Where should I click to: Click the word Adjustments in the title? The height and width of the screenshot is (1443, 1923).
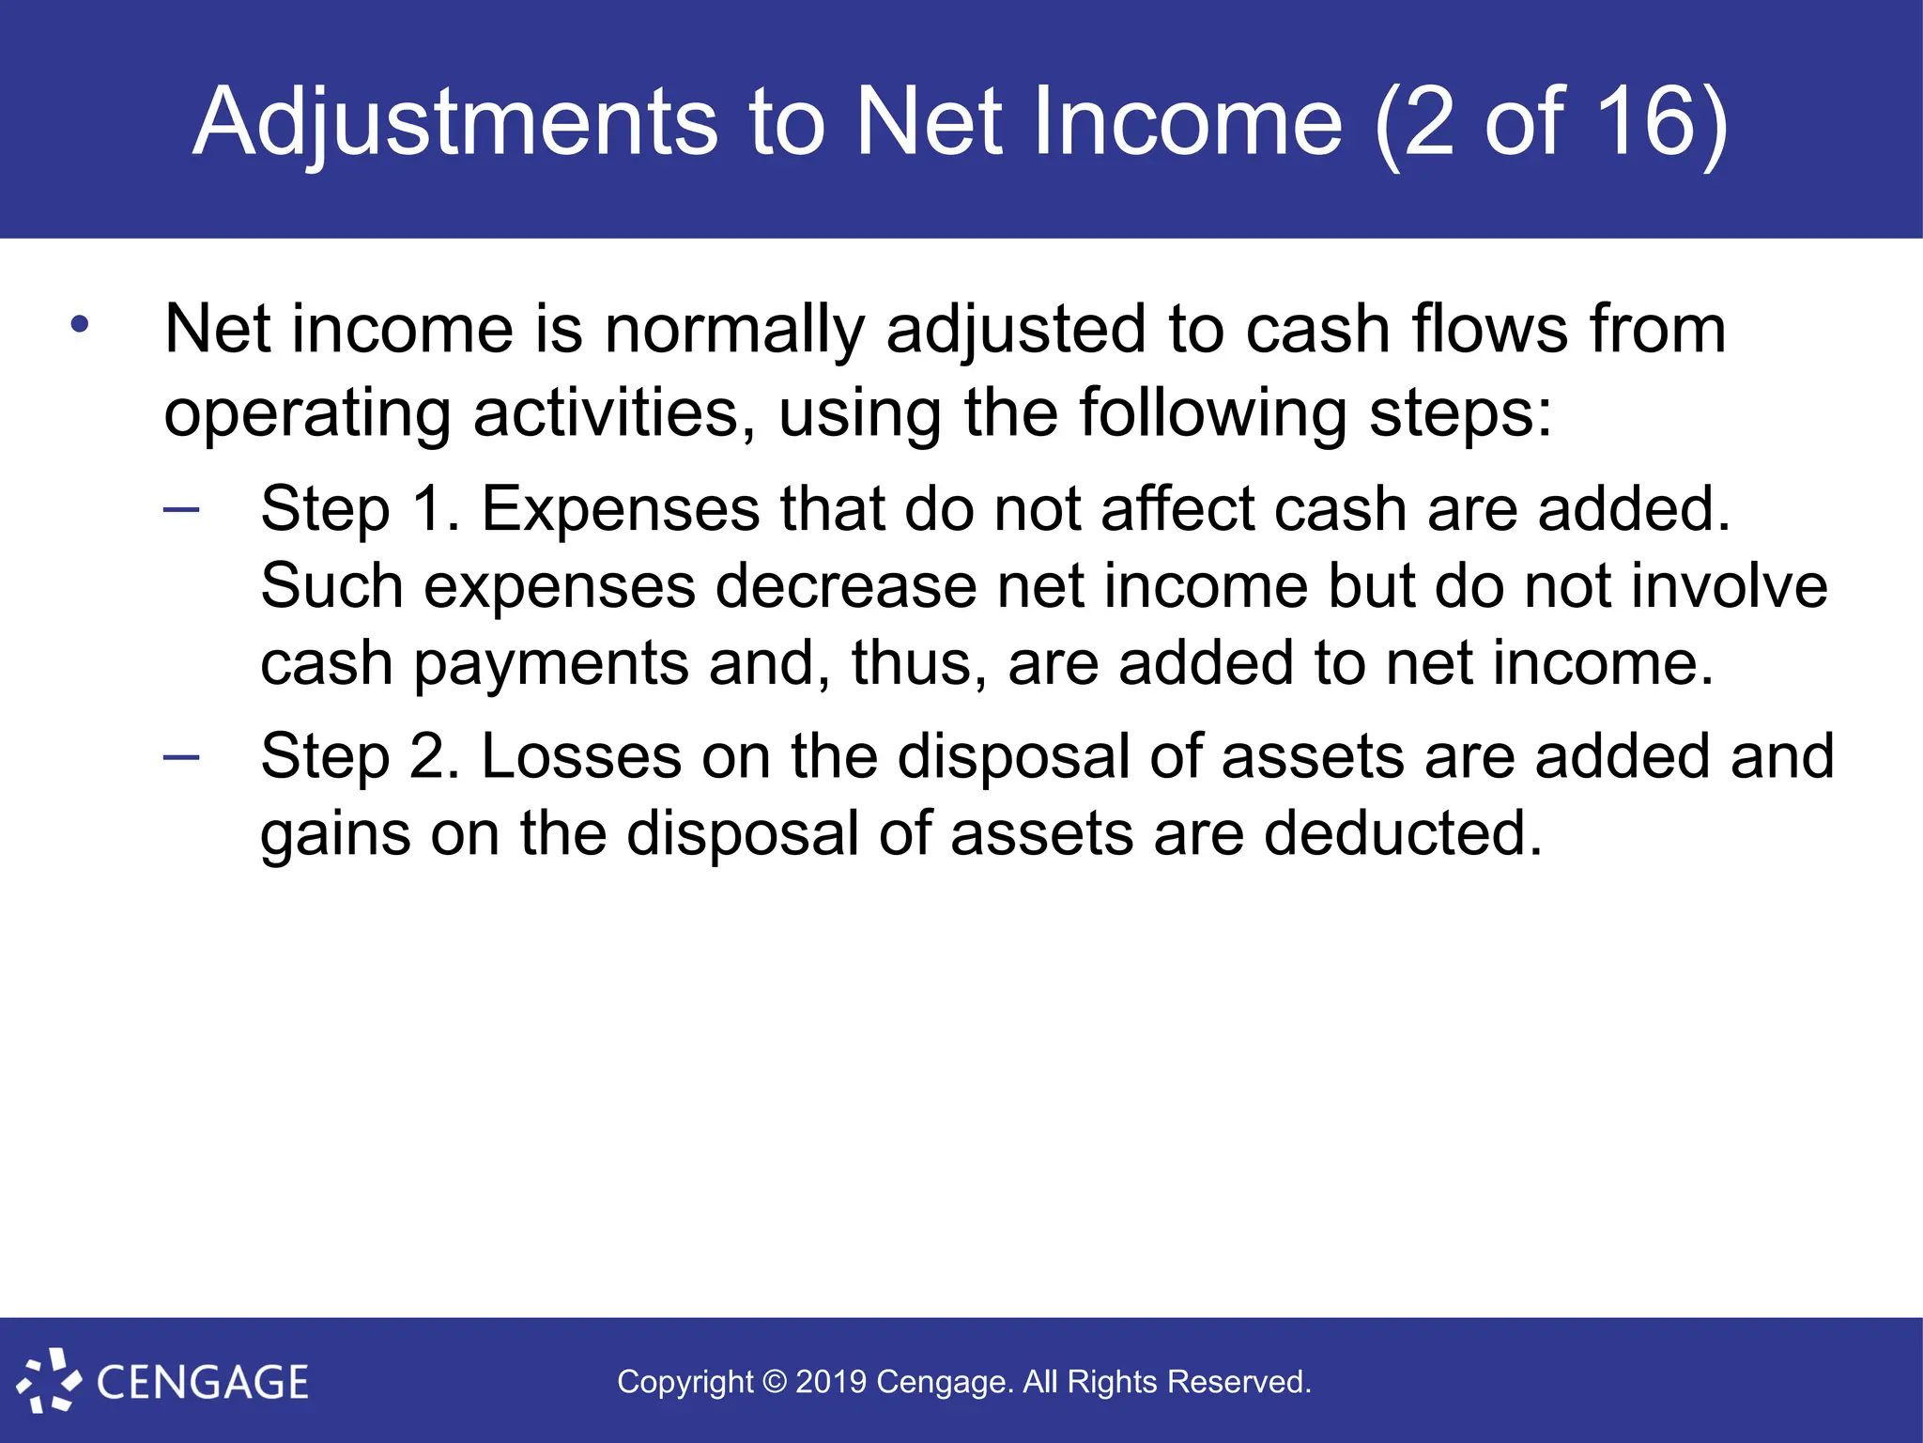point(455,122)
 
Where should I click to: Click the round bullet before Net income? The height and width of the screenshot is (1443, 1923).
point(80,325)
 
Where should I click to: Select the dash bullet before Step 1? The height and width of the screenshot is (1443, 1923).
point(181,510)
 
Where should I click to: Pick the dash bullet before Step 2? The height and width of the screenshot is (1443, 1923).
point(181,757)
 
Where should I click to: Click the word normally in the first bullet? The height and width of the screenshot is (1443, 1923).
point(734,331)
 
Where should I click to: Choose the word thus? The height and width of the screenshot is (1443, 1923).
point(918,663)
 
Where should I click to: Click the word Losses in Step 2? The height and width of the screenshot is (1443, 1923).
point(581,757)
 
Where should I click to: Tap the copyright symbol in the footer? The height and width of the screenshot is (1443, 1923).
point(775,1382)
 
